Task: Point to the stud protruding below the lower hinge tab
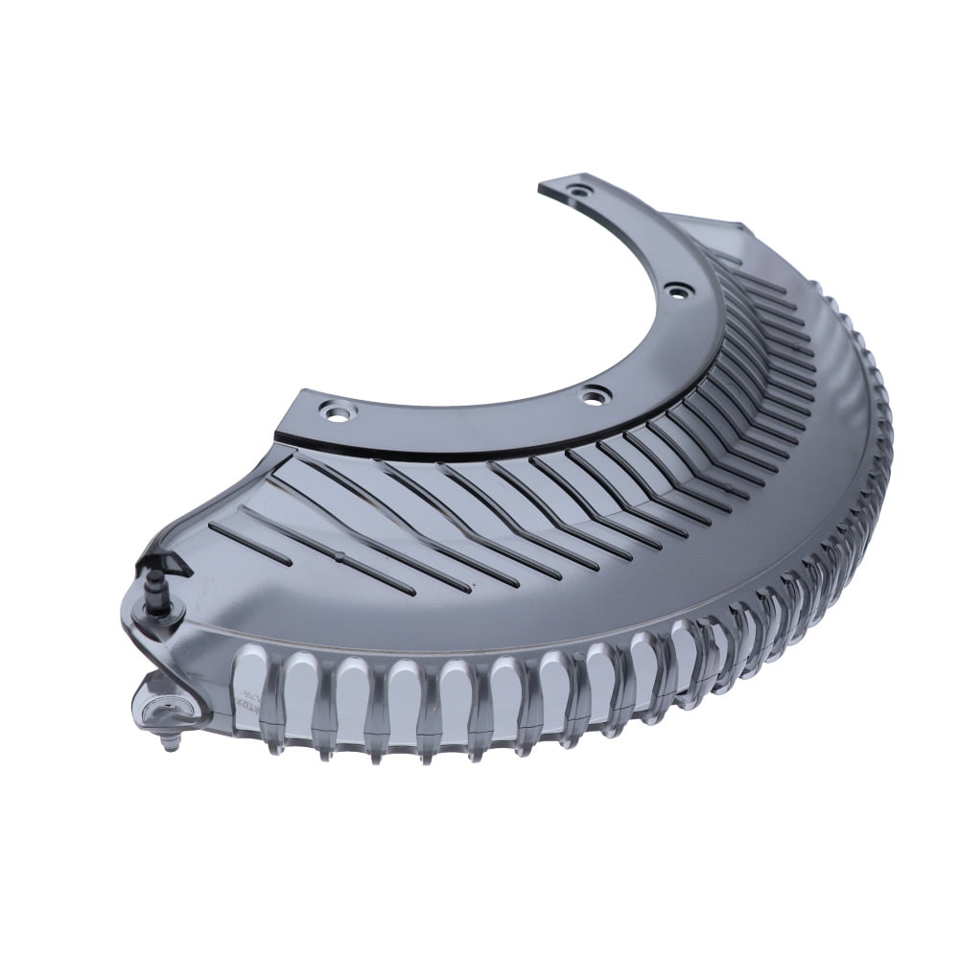point(170,741)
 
